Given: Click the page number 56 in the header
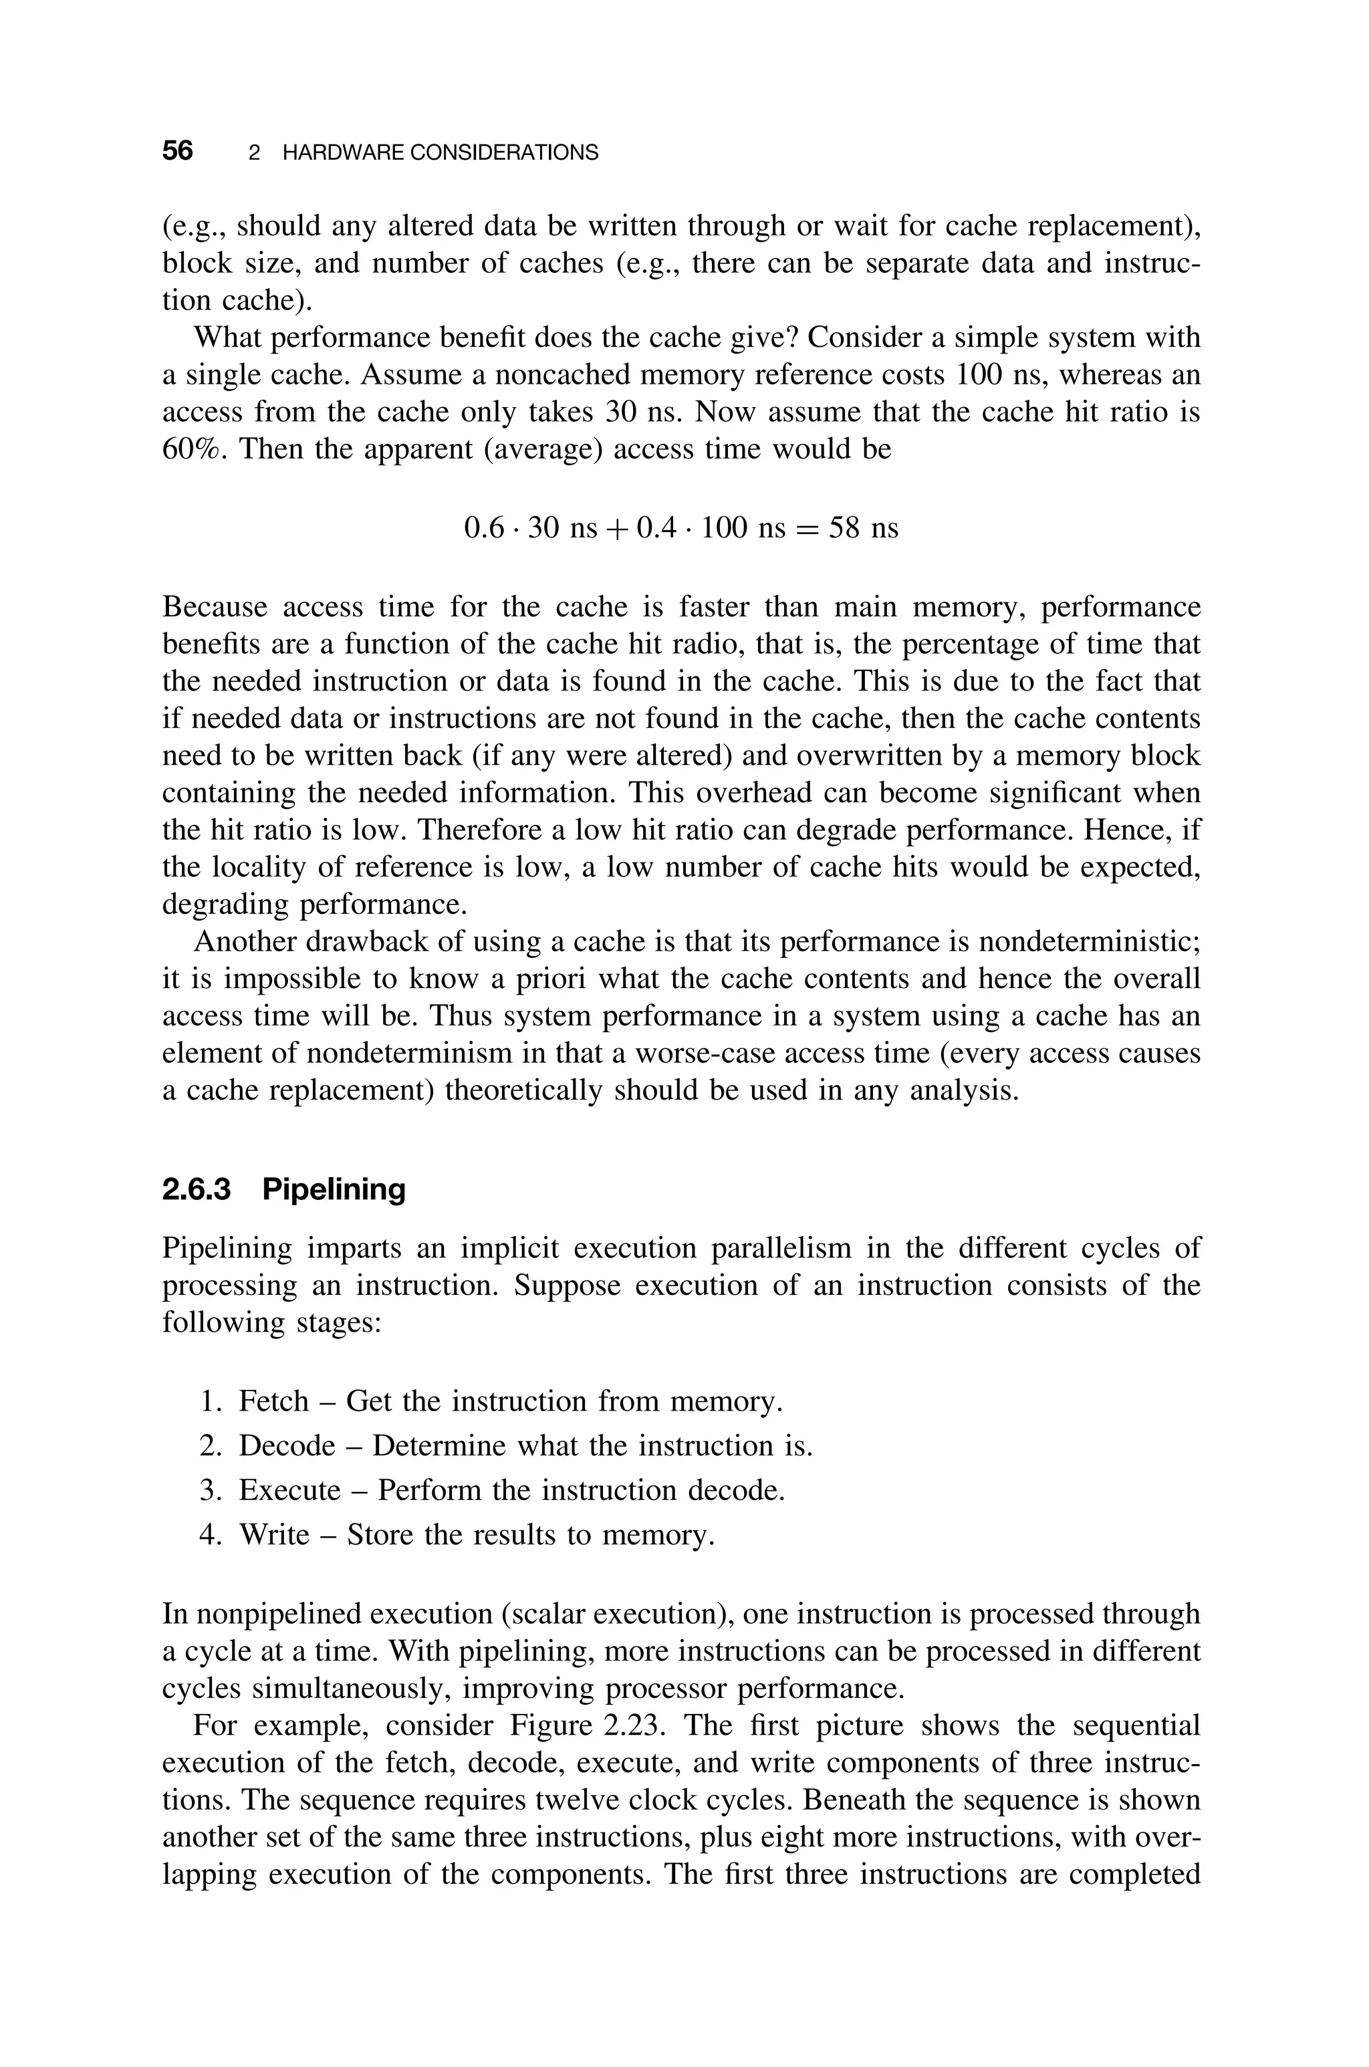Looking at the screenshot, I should pos(177,151).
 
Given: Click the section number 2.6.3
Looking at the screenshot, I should pos(197,1189).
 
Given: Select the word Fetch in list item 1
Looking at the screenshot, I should pos(273,1401).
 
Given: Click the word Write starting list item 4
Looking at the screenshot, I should pos(274,1534).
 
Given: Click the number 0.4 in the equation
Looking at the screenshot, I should pos(656,528).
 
